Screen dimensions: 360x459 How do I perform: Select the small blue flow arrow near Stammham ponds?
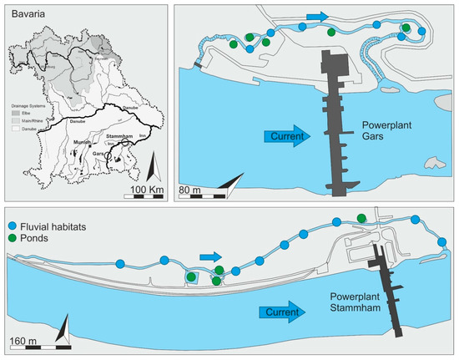[212, 256]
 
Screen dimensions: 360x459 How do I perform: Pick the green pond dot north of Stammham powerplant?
[361, 219]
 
